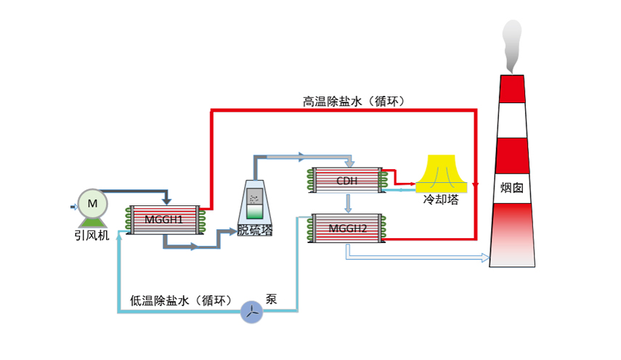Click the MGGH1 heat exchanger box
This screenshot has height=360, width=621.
point(164,218)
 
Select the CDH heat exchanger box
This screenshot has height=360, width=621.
point(346,181)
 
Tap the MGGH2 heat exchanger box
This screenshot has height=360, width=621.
point(347,228)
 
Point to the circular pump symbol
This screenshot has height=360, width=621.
point(251,312)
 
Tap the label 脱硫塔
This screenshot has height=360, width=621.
point(256,231)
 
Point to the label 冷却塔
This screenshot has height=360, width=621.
point(441,199)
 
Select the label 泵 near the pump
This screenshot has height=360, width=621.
point(272,298)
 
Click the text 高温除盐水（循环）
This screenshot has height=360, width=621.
point(353,101)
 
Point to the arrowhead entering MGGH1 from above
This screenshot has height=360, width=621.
point(167,200)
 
